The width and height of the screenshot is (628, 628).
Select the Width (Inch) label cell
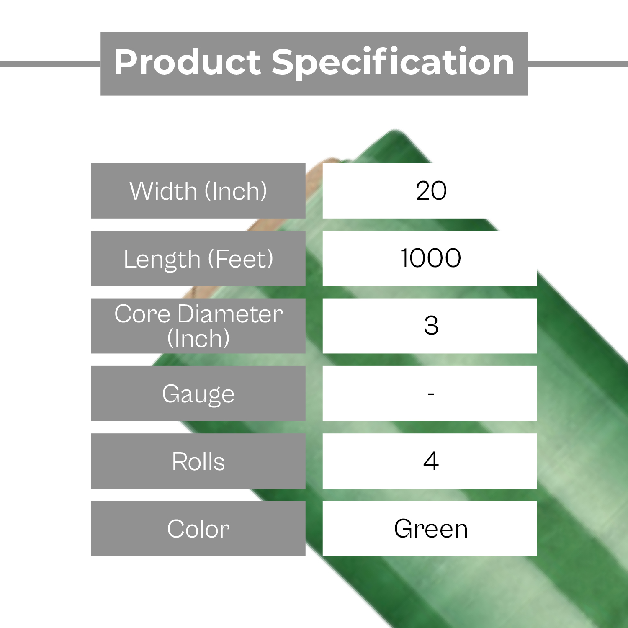coord(198,191)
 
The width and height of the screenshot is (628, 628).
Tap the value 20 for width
coord(431,191)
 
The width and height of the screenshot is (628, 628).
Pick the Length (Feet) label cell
coord(198,258)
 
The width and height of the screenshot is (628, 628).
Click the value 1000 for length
coord(431,258)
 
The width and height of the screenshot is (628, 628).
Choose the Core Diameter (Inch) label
coord(198,326)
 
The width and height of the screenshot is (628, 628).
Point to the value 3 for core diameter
coord(431,325)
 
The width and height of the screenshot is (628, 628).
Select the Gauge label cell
coord(198,394)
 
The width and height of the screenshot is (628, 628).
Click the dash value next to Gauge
coord(431,394)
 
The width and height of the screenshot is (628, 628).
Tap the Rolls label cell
coord(198,461)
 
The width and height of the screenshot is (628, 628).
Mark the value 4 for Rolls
coord(431,461)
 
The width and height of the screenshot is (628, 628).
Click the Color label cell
coord(198,528)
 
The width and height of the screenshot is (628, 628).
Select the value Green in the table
coord(431,528)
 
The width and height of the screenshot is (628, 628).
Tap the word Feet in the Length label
coord(241,259)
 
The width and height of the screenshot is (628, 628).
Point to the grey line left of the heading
coord(50,64)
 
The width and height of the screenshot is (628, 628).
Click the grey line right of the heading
coord(578,64)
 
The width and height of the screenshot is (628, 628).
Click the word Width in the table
coord(163,191)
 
